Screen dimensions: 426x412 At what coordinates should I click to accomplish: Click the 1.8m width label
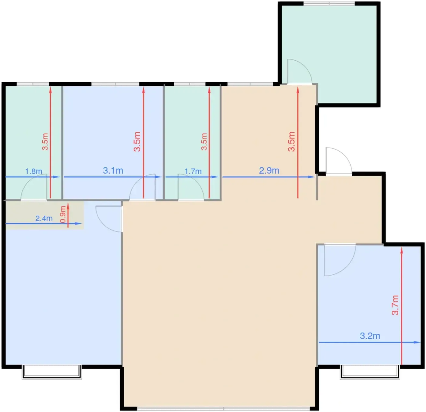coord(34,171)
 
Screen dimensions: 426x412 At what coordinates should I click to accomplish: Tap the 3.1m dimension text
coord(113,171)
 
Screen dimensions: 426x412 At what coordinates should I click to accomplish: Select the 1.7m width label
coord(193,171)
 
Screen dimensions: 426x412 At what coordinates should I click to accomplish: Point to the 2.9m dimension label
coord(269,171)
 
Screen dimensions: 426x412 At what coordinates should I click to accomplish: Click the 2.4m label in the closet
coord(44,218)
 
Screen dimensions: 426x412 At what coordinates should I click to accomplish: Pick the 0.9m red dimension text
coord(63,214)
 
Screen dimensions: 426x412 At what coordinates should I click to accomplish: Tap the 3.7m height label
coord(395,305)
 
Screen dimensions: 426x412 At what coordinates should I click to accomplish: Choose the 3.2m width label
coord(370,336)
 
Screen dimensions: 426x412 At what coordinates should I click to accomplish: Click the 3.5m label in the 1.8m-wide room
coord(45,142)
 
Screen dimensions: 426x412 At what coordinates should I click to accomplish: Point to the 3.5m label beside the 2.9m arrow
coord(292,142)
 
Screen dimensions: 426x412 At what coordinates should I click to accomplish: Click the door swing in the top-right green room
coord(299,71)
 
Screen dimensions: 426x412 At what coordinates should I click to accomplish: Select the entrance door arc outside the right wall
coord(339,161)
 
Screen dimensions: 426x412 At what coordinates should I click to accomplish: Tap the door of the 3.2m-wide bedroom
coord(340,260)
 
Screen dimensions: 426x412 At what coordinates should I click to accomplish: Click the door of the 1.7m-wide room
coord(191,187)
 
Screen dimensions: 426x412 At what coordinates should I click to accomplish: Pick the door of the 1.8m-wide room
coord(34,187)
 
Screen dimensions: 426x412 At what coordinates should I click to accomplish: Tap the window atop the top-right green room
coord(329,4)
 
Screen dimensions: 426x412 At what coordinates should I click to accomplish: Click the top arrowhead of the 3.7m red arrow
coord(402,250)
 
